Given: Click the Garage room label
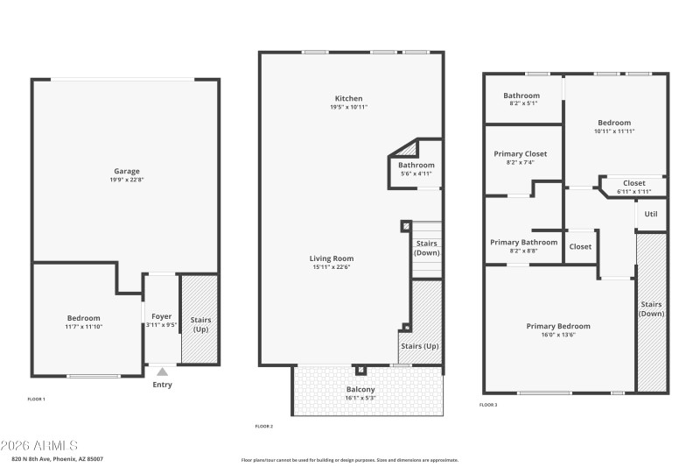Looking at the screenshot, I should pyautogui.click(x=126, y=171).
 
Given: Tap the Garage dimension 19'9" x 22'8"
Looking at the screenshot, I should pyautogui.click(x=126, y=180).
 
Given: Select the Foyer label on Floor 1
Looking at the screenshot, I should pyautogui.click(x=162, y=317).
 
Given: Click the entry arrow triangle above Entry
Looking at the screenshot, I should pyautogui.click(x=162, y=372).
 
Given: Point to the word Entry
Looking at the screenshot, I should pyautogui.click(x=162, y=385).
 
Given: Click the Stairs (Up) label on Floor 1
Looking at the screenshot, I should pyautogui.click(x=200, y=324).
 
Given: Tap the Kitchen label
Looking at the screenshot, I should pyautogui.click(x=348, y=98).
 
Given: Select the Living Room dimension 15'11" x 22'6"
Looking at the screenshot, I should pyautogui.click(x=331, y=268).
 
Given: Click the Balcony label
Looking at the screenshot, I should pyautogui.click(x=360, y=389).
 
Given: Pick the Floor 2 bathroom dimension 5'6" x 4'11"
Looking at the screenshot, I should pyautogui.click(x=416, y=173).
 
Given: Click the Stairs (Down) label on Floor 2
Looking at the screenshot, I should pyautogui.click(x=426, y=248).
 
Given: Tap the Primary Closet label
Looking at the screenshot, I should pyautogui.click(x=521, y=153).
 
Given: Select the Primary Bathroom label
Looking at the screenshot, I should pyautogui.click(x=523, y=242).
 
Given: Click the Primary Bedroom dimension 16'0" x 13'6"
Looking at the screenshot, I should pyautogui.click(x=551, y=335).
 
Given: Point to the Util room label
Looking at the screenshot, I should pyautogui.click(x=650, y=214).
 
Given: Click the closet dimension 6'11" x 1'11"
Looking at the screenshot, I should pyautogui.click(x=633, y=191).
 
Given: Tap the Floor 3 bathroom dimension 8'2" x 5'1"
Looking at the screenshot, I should pyautogui.click(x=521, y=103).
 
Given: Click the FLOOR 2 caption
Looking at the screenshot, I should pyautogui.click(x=264, y=426).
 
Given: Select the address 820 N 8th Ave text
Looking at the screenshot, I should pyautogui.click(x=57, y=458).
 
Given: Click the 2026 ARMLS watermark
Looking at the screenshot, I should pyautogui.click(x=39, y=446).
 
